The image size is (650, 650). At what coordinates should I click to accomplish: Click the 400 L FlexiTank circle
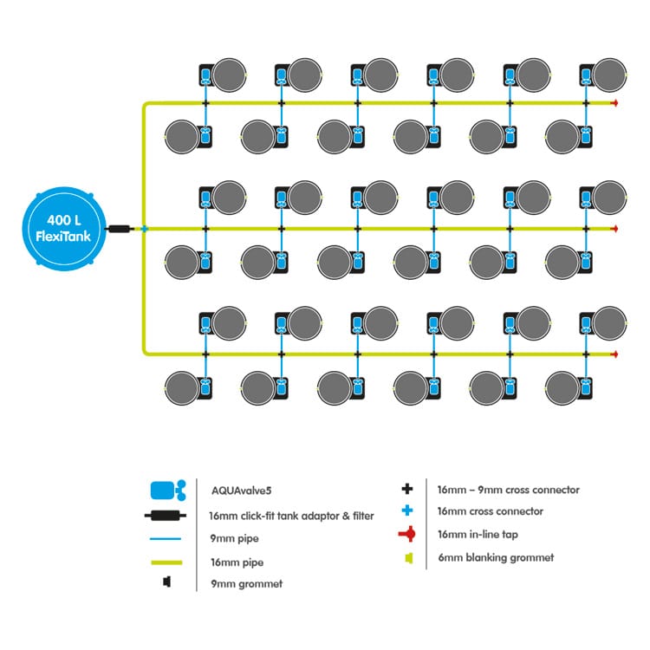pos(64,229)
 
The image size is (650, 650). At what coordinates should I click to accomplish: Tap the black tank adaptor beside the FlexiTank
pos(120,229)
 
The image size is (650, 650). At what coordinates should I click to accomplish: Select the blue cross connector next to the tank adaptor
pos(144,229)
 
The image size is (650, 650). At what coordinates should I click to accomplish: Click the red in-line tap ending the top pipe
pos(615,103)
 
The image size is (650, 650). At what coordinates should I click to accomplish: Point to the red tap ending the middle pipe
pos(615,229)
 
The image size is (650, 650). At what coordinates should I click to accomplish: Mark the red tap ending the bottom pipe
pos(615,354)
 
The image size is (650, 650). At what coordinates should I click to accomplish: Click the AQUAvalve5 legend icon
pos(168,491)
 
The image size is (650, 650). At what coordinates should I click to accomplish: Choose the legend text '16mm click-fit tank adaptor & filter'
pos(291,516)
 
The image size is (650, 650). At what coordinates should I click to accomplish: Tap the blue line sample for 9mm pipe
pos(166,538)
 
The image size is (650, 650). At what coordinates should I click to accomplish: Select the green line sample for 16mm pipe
pos(166,562)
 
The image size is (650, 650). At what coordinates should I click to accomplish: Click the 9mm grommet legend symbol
pos(166,582)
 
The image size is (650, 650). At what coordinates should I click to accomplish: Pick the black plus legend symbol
pos(407,489)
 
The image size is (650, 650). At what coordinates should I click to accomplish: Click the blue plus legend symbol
pos(407,510)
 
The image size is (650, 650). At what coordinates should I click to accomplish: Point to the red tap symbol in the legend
pos(407,534)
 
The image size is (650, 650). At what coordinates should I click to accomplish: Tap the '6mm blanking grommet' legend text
pos(496,557)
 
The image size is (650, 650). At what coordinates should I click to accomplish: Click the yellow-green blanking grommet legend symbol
pos(409,558)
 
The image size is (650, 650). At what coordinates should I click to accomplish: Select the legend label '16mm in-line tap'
pos(478,535)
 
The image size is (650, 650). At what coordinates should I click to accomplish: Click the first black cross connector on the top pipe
pos(205,103)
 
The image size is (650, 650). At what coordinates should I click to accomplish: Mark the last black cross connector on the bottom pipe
pos(586,354)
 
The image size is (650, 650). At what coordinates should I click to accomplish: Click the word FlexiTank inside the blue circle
pos(63,237)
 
